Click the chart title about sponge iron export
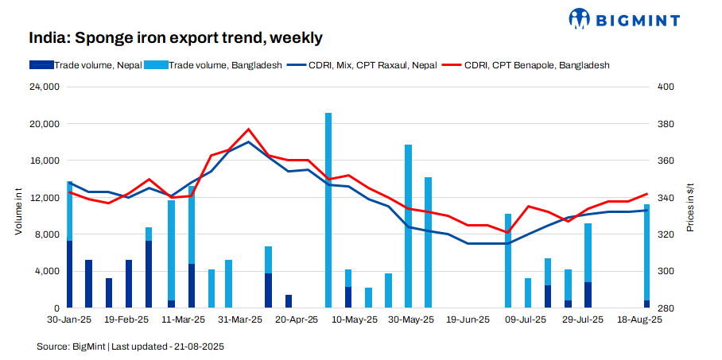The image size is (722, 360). pos(175,37)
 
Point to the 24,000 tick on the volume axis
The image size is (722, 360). pos(45,87)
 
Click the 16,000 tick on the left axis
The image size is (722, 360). pos(45,161)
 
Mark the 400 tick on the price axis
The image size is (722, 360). pos(666,87)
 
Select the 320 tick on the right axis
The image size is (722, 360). pos(666,234)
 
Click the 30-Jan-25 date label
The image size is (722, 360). pos(69,319)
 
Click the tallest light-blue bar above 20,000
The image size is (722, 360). pos(328,210)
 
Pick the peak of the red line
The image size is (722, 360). pos(249,129)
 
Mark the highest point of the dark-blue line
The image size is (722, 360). pos(249,142)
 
